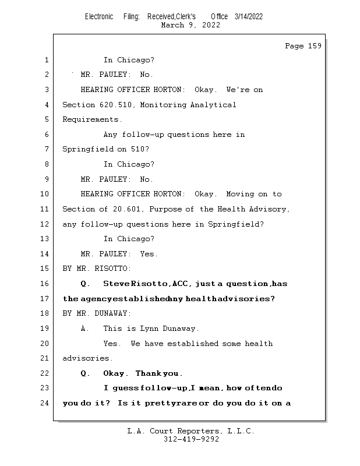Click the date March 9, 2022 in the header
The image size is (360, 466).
190,25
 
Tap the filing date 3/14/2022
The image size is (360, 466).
249,16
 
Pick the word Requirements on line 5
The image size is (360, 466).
92,120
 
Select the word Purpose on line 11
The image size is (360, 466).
164,209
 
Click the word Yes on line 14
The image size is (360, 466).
149,254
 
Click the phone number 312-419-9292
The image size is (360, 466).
191,440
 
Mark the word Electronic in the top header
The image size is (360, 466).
99,16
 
